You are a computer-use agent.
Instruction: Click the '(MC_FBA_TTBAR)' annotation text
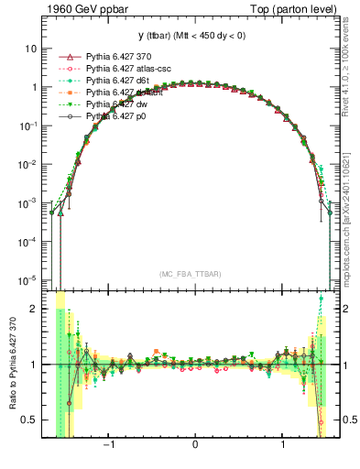pyautogui.click(x=195, y=274)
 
